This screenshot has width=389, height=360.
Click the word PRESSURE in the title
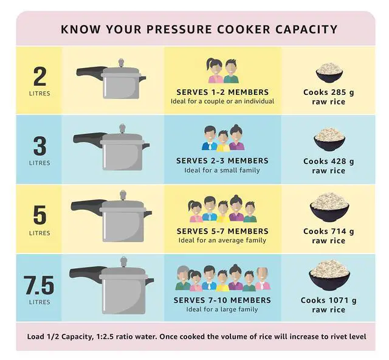pyautogui.click(x=179, y=29)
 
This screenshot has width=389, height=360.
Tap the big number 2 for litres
pyautogui.click(x=40, y=77)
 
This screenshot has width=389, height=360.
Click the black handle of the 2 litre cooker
pyautogui.click(x=91, y=71)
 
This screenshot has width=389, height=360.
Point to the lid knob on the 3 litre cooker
pyautogui.click(x=122, y=128)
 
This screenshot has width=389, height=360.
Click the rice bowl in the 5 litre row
pyautogui.click(x=329, y=207)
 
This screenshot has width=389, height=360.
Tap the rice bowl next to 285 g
pyautogui.click(x=329, y=72)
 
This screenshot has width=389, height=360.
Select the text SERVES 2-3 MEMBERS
pyautogui.click(x=222, y=161)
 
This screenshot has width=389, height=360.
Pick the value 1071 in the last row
pyautogui.click(x=339, y=300)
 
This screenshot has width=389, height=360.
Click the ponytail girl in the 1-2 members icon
pyautogui.click(x=215, y=71)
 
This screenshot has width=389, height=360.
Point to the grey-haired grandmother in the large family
pyautogui.click(x=183, y=279)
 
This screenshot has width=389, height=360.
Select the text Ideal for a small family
pyautogui.click(x=222, y=170)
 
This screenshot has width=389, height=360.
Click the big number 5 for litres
pyautogui.click(x=40, y=215)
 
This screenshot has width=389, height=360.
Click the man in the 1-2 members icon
pyautogui.click(x=231, y=71)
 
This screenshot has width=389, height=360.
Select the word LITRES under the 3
pyautogui.click(x=40, y=163)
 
